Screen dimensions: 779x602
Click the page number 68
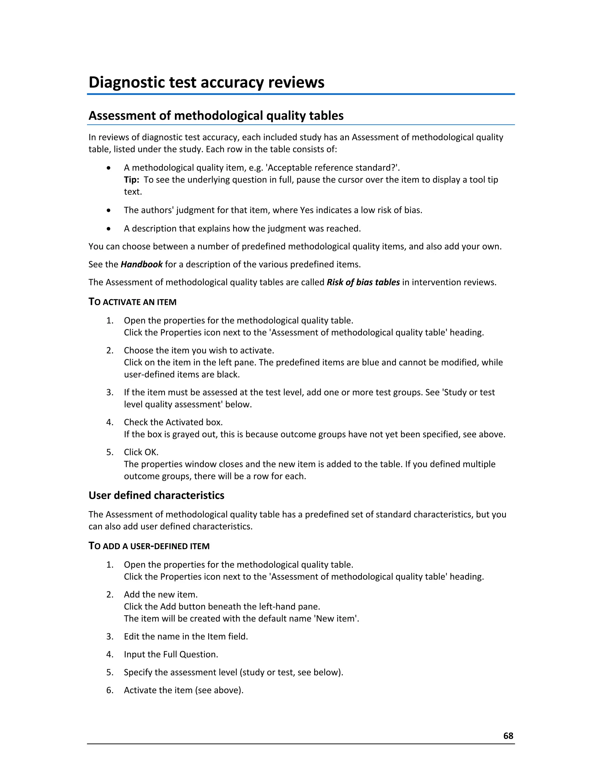tap(508, 736)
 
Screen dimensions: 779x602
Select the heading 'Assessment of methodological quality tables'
tap(216, 116)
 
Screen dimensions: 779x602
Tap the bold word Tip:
tap(131, 180)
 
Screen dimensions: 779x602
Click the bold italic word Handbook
tap(142, 264)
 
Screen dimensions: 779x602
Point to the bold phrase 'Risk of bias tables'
tap(363, 282)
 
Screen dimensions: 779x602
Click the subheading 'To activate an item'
tap(132, 302)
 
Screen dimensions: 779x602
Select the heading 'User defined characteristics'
tap(156, 495)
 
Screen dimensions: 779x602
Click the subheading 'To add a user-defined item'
tap(149, 546)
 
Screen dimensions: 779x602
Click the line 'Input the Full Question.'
tap(171, 654)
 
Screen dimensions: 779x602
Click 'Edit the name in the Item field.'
tap(185, 636)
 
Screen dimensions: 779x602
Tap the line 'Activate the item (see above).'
tap(183, 690)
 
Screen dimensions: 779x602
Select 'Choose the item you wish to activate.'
tap(199, 350)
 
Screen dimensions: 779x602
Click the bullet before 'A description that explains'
tap(109, 229)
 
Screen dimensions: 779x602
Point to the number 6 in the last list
tap(109, 690)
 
